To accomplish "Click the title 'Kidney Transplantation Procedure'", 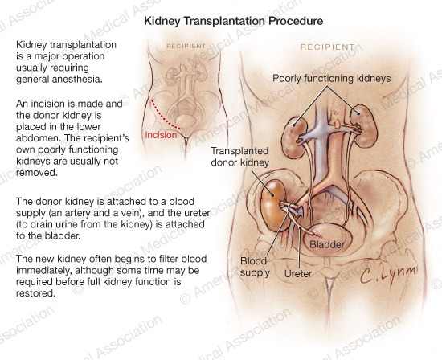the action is [x=233, y=21].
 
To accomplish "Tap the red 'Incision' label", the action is [x=161, y=135].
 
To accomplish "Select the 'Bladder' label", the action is [x=327, y=244].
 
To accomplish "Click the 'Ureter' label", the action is [x=298, y=273].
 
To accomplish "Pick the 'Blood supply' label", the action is [x=255, y=267].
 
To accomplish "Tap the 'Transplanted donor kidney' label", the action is [x=240, y=157].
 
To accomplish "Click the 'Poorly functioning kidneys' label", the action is [x=331, y=78].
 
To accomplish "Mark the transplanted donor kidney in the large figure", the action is [x=273, y=205].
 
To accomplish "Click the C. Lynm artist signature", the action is [x=388, y=274].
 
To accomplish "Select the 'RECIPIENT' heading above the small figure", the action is [x=186, y=46].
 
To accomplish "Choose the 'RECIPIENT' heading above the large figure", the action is [x=327, y=47].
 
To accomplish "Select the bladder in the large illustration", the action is [x=328, y=239].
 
